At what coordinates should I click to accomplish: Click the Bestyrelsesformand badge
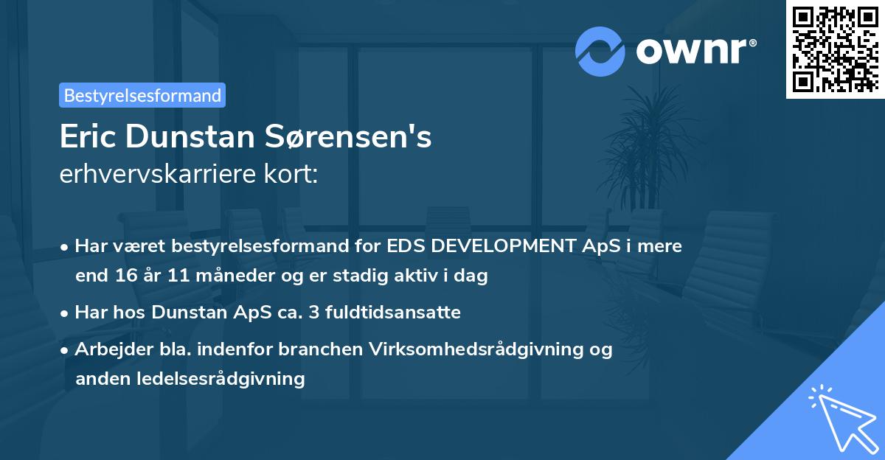pyautogui.click(x=142, y=95)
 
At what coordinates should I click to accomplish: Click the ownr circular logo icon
pyautogui.click(x=600, y=52)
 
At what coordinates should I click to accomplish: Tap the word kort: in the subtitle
pyautogui.click(x=293, y=175)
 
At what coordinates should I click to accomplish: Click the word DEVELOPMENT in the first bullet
pyautogui.click(x=505, y=245)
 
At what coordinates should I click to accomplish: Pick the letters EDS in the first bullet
pyautogui.click(x=406, y=245)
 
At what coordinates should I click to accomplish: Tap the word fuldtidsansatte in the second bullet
pyautogui.click(x=399, y=313)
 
